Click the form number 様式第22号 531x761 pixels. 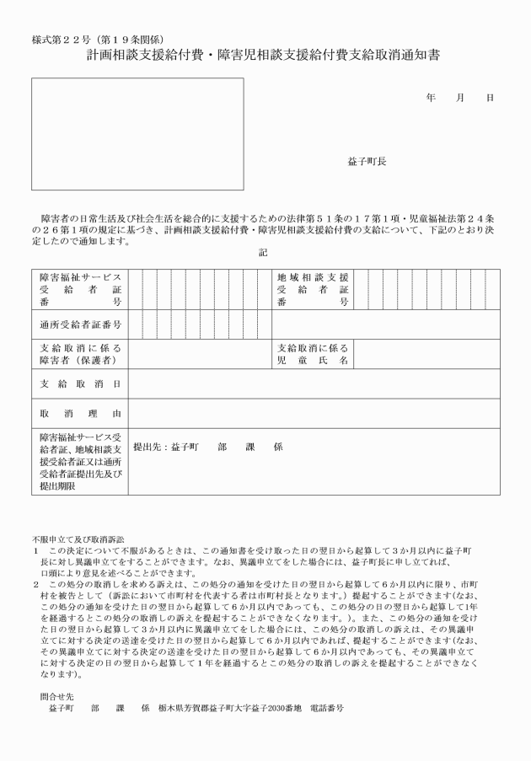click(60, 40)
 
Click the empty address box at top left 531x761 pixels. click(137, 134)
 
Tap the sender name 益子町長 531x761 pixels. click(367, 161)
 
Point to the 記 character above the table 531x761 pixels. click(263, 252)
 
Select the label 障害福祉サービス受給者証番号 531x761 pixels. click(80, 289)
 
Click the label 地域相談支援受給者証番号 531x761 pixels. click(313, 289)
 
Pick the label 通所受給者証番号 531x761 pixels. click(80, 324)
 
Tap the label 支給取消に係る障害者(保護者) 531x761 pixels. click(80, 353)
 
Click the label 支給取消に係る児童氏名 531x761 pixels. click(313, 353)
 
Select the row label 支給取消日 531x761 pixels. click(80, 383)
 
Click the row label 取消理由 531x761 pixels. click(80, 414)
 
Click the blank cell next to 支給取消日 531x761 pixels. click(313, 383)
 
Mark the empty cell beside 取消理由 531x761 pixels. click(313, 414)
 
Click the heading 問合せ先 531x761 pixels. click(56, 697)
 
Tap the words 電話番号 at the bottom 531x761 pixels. click(328, 709)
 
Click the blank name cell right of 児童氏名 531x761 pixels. click(427, 353)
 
